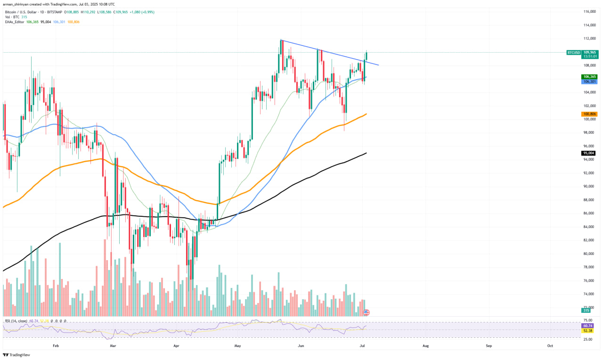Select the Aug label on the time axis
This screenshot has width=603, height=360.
(x=425, y=346)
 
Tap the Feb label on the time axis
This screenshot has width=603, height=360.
(x=56, y=346)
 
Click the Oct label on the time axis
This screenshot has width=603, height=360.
(x=550, y=346)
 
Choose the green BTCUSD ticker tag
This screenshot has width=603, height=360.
(x=573, y=52)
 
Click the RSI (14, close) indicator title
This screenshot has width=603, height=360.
(x=16, y=321)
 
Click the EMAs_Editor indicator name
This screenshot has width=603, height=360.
(x=15, y=22)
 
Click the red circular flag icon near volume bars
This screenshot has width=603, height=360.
(x=367, y=312)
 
